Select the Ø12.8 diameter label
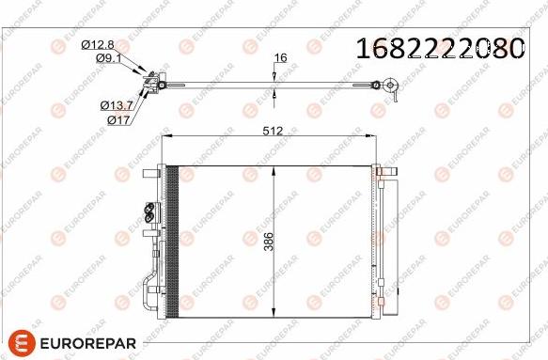98,44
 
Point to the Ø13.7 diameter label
117,106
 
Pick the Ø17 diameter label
118,120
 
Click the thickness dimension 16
279,58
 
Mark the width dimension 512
274,132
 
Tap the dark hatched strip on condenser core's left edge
172,243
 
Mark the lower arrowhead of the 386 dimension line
273,315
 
